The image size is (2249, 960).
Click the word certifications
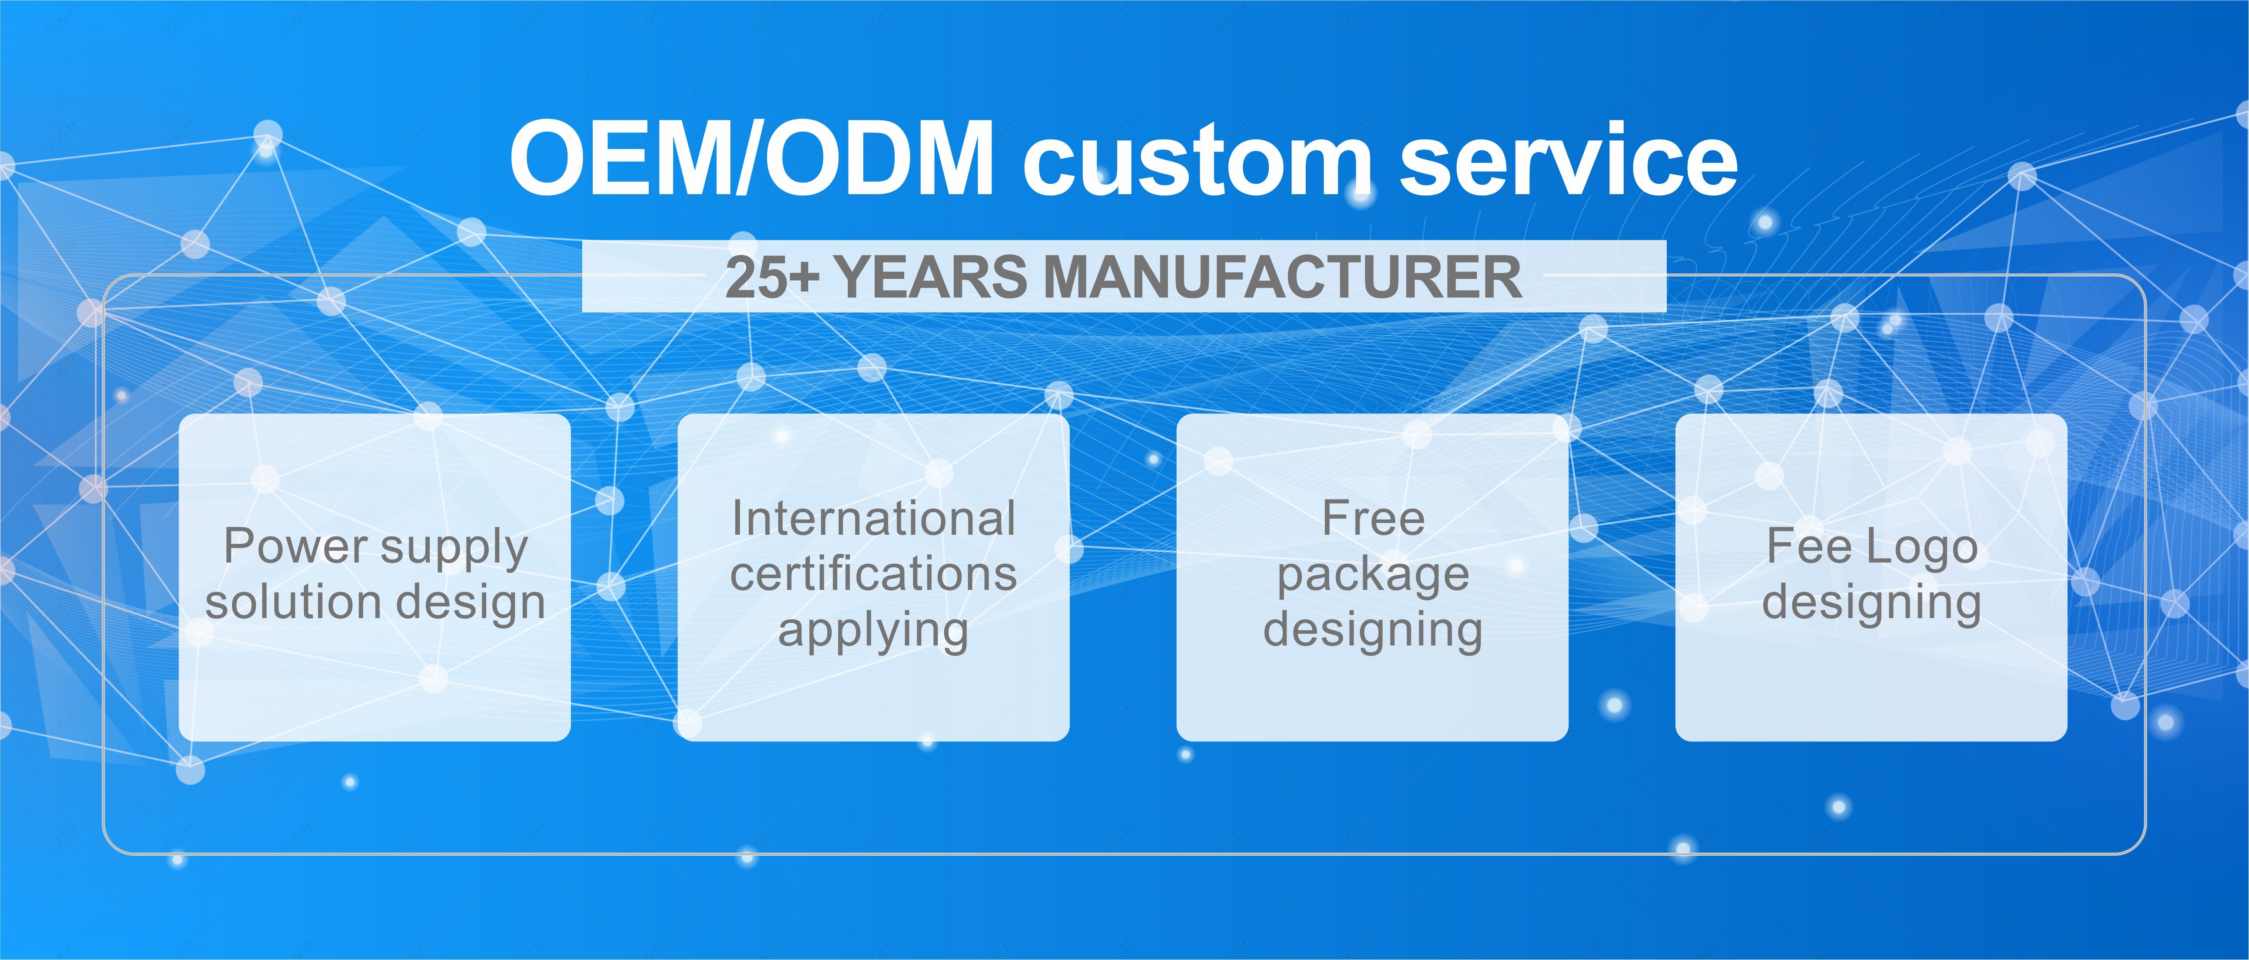click(x=874, y=573)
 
